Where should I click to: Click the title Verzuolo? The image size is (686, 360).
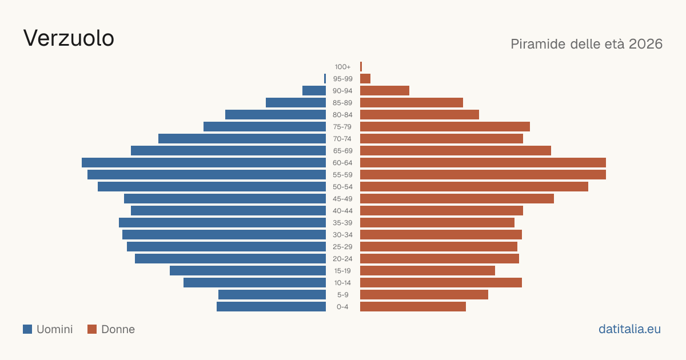coord(69,38)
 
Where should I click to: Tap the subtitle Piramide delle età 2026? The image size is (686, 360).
coord(587,44)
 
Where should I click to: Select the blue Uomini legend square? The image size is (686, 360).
coord(27,329)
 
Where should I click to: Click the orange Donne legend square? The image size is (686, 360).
coord(92,329)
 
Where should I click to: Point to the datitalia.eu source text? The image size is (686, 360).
coord(629,329)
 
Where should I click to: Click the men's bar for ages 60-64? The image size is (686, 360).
coord(204,162)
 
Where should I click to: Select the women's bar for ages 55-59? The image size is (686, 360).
coord(483,174)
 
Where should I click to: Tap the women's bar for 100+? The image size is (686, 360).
coord(361,66)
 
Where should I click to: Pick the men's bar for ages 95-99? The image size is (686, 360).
coord(325,78)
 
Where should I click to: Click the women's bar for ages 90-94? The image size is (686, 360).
coord(385,91)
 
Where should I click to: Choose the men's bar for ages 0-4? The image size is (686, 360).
coord(272,306)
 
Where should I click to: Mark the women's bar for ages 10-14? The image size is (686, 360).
coord(441,282)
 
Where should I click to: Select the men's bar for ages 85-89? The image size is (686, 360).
coord(296,102)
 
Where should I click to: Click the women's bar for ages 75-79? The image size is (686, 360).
coord(445,126)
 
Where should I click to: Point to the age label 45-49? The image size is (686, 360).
coord(342,199)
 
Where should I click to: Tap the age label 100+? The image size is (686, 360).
coord(342,67)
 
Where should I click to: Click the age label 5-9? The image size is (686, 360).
coord(342,295)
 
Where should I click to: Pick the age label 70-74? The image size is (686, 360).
coord(342,139)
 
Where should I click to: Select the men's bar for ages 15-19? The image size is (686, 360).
coord(248,271)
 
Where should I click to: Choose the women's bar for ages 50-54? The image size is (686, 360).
coord(474,186)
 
